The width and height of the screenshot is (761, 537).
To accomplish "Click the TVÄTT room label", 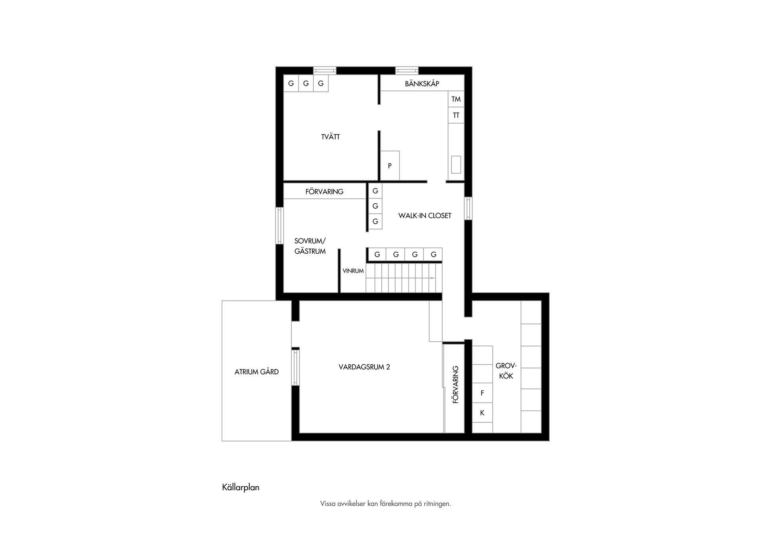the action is tap(331, 137).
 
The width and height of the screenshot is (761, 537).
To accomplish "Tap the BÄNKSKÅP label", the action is tap(422, 84).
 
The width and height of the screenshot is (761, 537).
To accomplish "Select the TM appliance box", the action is tap(456, 99).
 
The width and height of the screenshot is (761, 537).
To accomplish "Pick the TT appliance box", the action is tap(456, 115).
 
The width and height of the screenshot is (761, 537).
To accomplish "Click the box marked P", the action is tap(390, 166).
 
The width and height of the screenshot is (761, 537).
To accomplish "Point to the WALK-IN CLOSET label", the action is tap(425, 216).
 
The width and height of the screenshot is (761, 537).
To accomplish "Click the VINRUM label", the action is tap(353, 271).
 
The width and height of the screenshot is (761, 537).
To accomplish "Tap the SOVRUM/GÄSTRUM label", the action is tap(310, 246).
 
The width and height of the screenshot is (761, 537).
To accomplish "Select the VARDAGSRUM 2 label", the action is tap(364, 367).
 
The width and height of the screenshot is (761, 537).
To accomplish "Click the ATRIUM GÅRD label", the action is tap(256, 372).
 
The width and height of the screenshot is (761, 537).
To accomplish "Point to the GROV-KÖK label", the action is tap(506, 371).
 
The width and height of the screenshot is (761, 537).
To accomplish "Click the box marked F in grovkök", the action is tap(482, 393).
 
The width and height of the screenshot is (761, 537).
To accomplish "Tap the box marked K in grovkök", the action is tap(482, 413).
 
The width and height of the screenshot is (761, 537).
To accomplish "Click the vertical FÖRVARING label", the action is tap(456, 385).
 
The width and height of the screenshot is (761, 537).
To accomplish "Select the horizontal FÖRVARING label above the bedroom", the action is tap(324, 192).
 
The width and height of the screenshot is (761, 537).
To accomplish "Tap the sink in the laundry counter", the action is tap(456, 165).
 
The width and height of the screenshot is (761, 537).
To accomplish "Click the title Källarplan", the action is tap(241, 487).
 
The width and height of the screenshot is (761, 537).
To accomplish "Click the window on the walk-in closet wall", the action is tap(468, 208).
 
